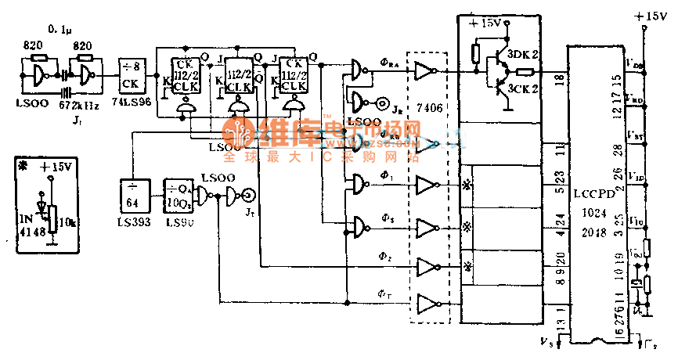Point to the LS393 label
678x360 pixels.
click(x=135, y=223)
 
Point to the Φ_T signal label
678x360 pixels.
click(x=384, y=293)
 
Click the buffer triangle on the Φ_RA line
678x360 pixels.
click(x=424, y=71)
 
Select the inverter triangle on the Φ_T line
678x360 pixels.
click(x=427, y=303)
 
